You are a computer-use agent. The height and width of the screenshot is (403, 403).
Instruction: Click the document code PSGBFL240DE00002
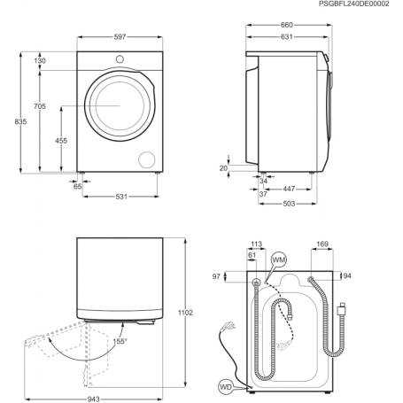click(x=352, y=4)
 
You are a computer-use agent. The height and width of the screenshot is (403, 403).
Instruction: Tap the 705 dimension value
click(x=40, y=106)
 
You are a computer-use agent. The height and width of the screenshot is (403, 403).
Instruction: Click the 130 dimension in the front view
click(x=40, y=61)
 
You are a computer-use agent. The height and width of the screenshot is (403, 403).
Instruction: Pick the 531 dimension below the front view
click(x=119, y=197)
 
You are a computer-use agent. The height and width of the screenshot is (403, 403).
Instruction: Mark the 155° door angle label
click(x=120, y=341)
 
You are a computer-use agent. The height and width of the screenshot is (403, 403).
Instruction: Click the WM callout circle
click(x=279, y=259)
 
